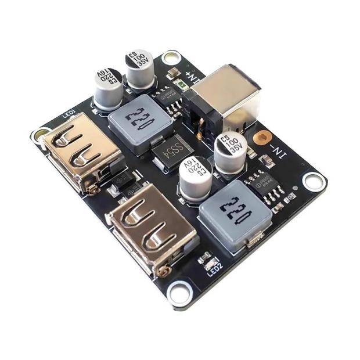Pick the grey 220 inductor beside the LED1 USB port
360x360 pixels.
138,123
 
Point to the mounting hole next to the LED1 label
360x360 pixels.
40,135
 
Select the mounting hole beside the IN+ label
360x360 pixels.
170,57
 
